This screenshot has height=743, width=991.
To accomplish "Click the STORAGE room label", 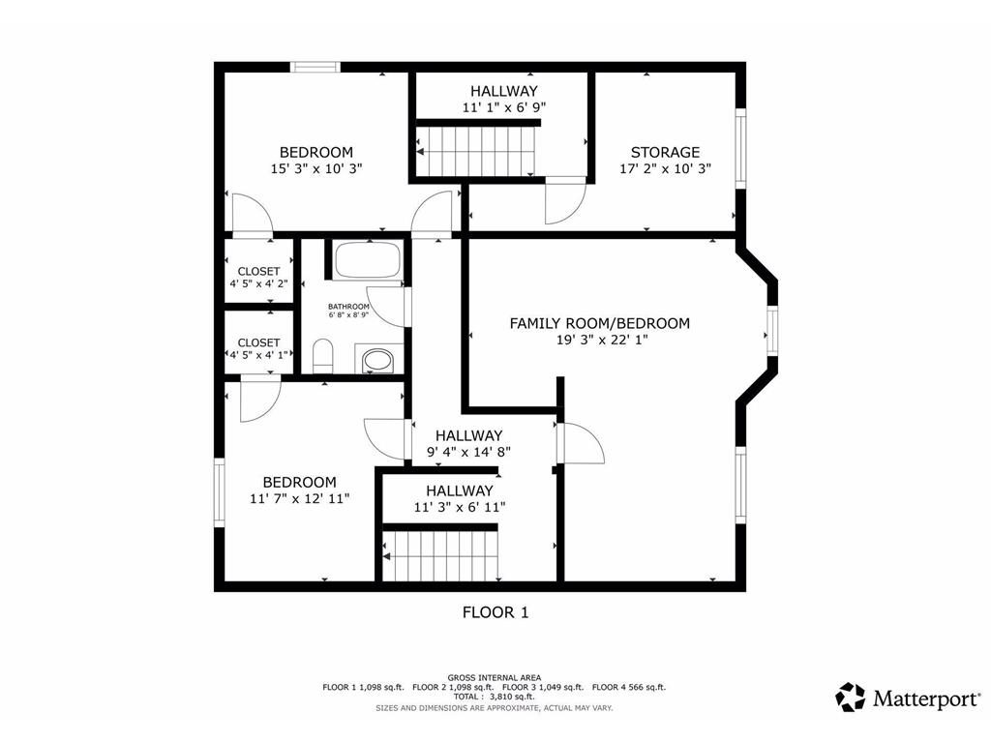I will point(665,152).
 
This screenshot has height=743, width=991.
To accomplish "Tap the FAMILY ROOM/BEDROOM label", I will point(600,323).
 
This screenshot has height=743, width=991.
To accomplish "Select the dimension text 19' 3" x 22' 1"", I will point(600,341).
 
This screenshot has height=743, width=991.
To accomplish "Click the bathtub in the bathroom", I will point(367,260).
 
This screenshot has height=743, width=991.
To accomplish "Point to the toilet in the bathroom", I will point(324,356).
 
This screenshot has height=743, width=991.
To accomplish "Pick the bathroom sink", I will point(377,361).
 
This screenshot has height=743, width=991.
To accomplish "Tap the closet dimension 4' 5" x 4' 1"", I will point(258,355).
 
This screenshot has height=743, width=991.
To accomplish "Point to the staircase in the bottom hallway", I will point(441,555).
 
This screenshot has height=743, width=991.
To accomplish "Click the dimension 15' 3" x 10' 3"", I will point(316,168).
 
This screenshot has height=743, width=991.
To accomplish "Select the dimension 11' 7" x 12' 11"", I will point(300,498).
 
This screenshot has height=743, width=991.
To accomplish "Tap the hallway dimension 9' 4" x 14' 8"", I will point(468,451).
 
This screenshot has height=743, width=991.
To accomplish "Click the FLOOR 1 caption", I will point(495,611).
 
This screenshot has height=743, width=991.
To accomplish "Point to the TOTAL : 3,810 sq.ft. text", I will point(495,697).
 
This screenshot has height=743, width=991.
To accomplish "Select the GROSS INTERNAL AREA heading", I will point(495,677).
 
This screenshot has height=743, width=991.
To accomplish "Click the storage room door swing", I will point(564,201).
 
